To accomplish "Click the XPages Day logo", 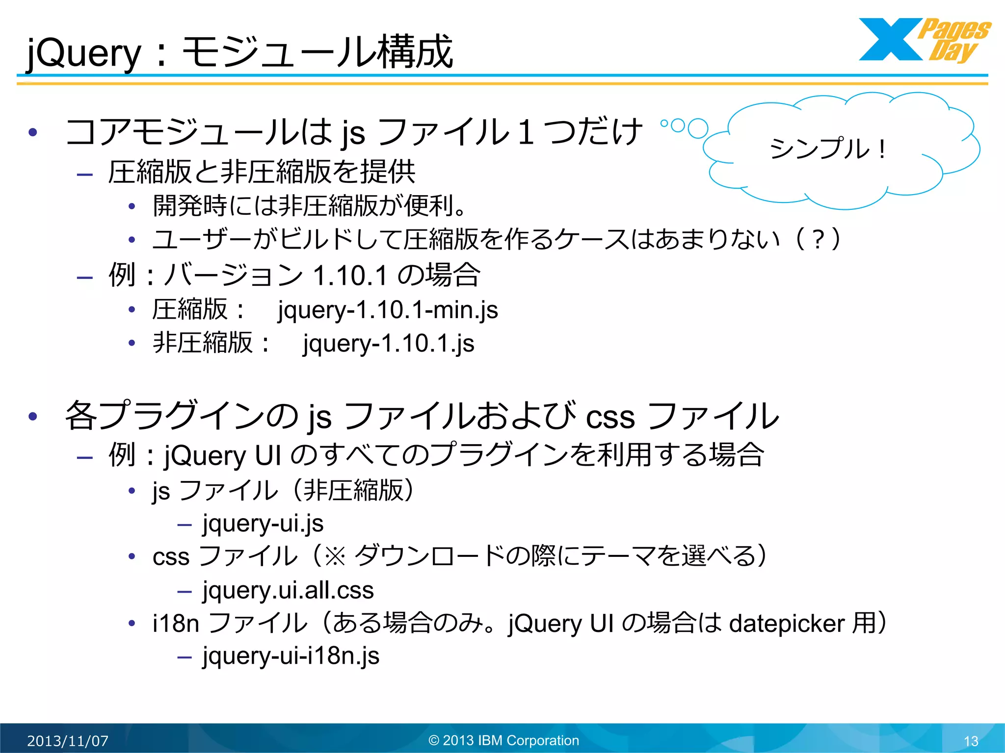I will pyautogui.click(x=925, y=40).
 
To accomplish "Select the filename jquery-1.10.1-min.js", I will pyautogui.click(x=388, y=310).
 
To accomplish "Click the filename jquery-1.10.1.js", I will pyautogui.click(x=388, y=343).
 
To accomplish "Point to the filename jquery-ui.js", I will pyautogui.click(x=263, y=524).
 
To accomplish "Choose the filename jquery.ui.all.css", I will pyautogui.click(x=288, y=590).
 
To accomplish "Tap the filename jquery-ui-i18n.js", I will pyautogui.click(x=291, y=656).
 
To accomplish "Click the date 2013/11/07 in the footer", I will pyautogui.click(x=68, y=741).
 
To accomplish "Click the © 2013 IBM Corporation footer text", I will pyautogui.click(x=503, y=740).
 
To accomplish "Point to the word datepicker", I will pyautogui.click(x=787, y=624).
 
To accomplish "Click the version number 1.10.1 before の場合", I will pyautogui.click(x=350, y=276).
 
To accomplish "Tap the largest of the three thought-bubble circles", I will pyautogui.click(x=698, y=129).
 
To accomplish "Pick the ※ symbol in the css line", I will pyautogui.click(x=335, y=557).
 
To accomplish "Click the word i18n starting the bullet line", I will pyautogui.click(x=176, y=624).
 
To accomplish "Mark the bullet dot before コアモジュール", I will pyautogui.click(x=33, y=132).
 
